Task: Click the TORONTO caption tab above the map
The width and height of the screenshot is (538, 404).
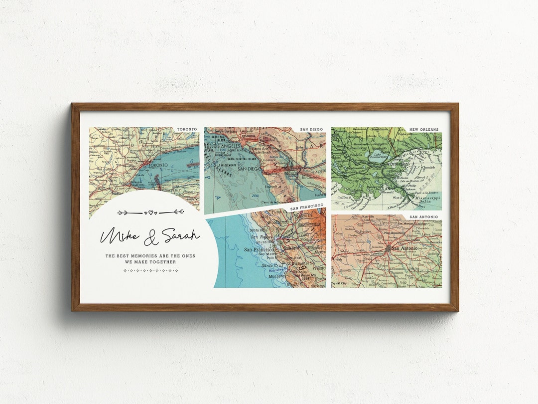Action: [187, 129]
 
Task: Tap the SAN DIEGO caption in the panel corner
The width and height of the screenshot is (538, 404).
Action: [312, 130]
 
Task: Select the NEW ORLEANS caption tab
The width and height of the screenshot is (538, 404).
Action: [424, 130]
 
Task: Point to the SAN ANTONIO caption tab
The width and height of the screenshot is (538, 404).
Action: [424, 217]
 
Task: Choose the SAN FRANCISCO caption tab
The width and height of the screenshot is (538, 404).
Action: [307, 205]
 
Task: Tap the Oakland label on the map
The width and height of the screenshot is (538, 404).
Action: [293, 247]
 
